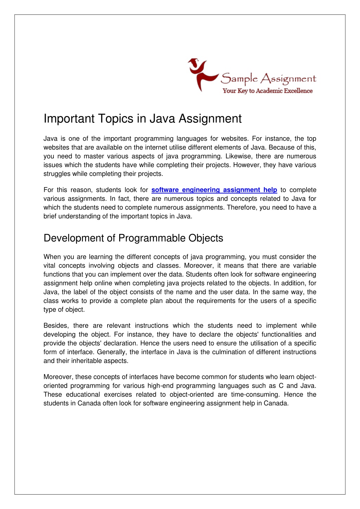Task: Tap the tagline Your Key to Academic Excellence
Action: [267, 91]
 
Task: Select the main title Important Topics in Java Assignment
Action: [142, 119]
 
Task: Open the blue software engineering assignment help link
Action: [214, 190]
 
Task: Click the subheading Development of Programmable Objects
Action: [133, 238]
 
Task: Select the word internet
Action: [145, 147]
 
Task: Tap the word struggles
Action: [57, 174]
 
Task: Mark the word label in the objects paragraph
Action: [81, 292]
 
